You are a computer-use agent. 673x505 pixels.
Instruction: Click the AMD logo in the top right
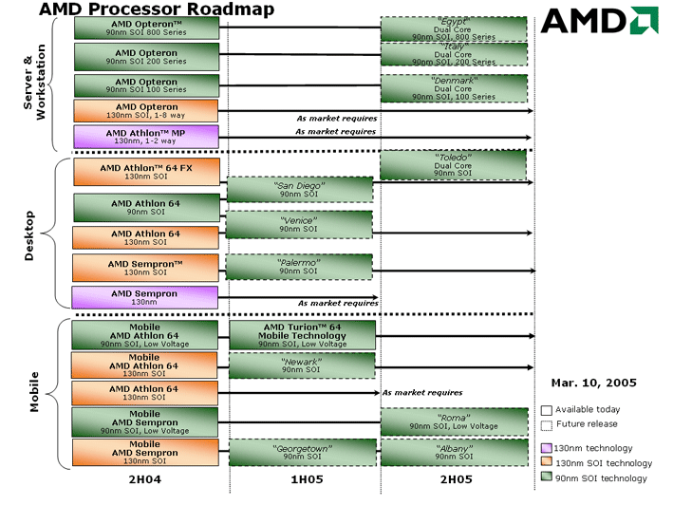(599, 20)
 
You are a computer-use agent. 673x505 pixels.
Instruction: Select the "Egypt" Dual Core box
(454, 28)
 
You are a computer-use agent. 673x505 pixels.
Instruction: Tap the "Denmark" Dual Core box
(454, 88)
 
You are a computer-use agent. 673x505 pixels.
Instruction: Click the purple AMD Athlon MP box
(146, 137)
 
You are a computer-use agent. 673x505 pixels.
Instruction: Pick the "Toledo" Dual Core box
(453, 165)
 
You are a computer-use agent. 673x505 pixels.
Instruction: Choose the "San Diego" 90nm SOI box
(300, 189)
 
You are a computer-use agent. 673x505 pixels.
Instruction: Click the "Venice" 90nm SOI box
(299, 224)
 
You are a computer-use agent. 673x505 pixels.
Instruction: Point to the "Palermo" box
(299, 267)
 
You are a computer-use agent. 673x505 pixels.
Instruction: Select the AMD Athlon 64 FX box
(146, 172)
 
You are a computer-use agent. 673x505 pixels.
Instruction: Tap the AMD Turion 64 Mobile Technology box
(302, 335)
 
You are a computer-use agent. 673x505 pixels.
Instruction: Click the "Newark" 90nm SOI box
(302, 365)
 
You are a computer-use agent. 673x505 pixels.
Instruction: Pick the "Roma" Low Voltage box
(454, 421)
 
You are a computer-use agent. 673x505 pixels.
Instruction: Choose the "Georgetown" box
(302, 452)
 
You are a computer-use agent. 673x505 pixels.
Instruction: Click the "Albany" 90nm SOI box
(454, 452)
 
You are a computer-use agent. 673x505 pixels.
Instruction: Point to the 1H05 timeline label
(307, 479)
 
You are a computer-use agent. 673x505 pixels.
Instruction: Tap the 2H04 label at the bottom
(145, 479)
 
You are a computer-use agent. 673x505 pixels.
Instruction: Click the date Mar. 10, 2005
(593, 383)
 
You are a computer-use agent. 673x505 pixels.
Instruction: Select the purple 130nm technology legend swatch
(547, 448)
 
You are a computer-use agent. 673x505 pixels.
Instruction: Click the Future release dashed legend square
(547, 425)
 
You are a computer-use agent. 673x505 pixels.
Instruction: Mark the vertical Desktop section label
(29, 235)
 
